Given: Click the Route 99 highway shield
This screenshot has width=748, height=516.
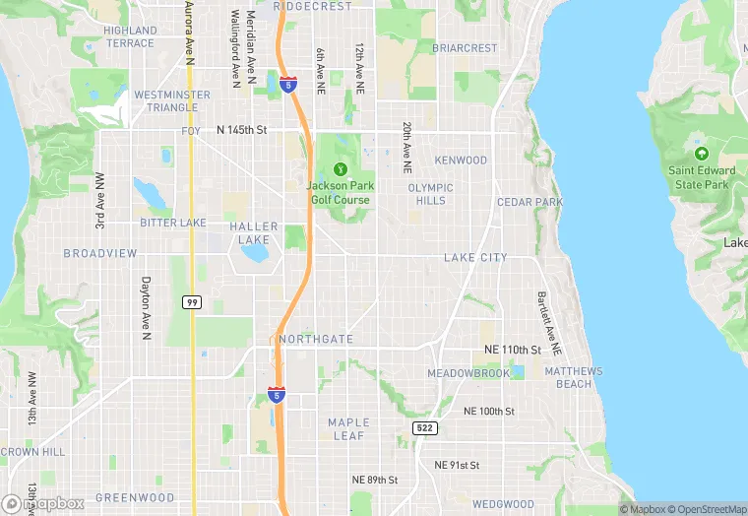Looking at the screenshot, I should pyautogui.click(x=192, y=301).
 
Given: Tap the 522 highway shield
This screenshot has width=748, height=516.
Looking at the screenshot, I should pyautogui.click(x=424, y=427).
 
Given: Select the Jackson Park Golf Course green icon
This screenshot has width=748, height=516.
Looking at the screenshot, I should pyautogui.click(x=341, y=168).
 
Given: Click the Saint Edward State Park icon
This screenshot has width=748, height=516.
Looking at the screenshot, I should pyautogui.click(x=702, y=154).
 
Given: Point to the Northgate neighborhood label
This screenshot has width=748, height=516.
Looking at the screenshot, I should pyautogui.click(x=316, y=339).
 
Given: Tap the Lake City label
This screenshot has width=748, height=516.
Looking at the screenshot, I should pyautogui.click(x=475, y=258).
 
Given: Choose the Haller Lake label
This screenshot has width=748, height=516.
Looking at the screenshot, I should pyautogui.click(x=254, y=232).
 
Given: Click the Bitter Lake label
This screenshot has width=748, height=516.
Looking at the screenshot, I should pyautogui.click(x=173, y=223).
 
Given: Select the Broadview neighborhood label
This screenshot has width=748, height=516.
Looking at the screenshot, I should pyautogui.click(x=100, y=253).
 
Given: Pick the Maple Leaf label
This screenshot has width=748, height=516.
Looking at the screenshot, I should pyautogui.click(x=347, y=428).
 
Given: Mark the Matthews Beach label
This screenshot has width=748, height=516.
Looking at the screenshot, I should pyautogui.click(x=573, y=377).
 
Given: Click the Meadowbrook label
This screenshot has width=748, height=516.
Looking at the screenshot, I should pyautogui.click(x=468, y=373).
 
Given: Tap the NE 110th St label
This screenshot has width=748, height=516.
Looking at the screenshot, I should pyautogui.click(x=513, y=350).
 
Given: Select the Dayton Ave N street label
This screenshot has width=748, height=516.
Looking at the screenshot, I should pyautogui.click(x=146, y=308).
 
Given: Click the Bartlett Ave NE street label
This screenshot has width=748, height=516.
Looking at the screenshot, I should pyautogui.click(x=548, y=322).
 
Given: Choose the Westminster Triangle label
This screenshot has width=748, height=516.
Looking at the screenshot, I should pyautogui.click(x=172, y=100).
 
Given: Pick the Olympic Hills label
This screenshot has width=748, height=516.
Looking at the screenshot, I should pyautogui.click(x=430, y=193).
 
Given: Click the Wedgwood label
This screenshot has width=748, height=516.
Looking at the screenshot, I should pyautogui.click(x=503, y=504).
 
